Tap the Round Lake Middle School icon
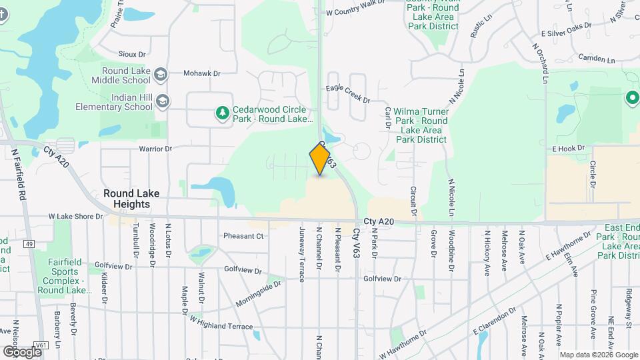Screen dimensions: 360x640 click(x=160, y=74)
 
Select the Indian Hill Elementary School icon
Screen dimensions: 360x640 click(x=163, y=101)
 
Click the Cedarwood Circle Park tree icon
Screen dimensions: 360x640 click(x=222, y=114)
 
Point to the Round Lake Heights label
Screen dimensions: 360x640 click(x=131, y=199)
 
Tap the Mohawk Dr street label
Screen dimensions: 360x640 click(x=201, y=73)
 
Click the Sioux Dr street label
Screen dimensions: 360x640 click(x=131, y=54)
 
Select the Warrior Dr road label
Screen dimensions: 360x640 click(x=155, y=149)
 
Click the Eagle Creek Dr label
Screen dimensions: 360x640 click(x=348, y=93)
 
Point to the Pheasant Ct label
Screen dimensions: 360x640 click(x=243, y=236)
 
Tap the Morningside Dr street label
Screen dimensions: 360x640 click(x=258, y=293)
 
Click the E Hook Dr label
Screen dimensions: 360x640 click(x=568, y=148)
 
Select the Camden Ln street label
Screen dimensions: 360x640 click(x=597, y=59)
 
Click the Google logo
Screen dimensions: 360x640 click(x=22, y=351)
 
